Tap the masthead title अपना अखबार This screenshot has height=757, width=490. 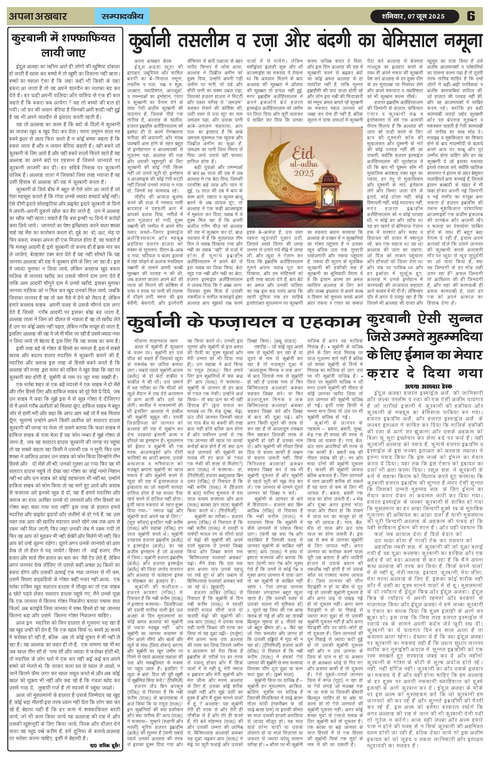pos(38,16)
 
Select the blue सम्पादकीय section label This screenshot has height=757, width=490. pos(122,16)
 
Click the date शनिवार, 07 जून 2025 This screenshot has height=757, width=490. pos(413,16)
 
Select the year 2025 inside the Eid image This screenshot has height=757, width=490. pos(304,173)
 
